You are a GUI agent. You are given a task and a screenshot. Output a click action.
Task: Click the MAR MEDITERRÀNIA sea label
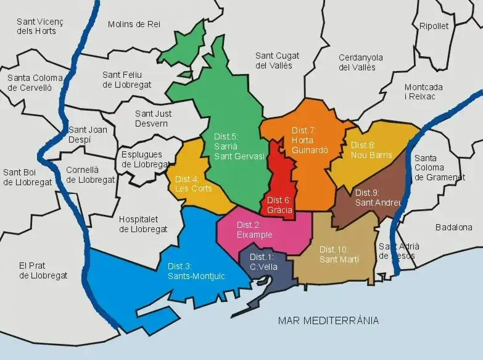(328, 320)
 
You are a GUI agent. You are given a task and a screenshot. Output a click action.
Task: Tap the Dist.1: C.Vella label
(263, 262)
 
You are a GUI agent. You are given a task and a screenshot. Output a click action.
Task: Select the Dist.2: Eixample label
(254, 230)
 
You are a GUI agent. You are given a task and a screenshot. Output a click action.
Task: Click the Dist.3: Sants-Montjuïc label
(196, 271)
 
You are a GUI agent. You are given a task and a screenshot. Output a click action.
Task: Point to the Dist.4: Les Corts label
(193, 183)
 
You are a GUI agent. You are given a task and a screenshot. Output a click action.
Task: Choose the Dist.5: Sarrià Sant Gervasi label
(239, 146)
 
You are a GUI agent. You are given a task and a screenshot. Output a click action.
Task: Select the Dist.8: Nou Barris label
(371, 149)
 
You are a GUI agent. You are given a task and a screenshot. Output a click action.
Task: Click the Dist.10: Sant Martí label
(339, 254)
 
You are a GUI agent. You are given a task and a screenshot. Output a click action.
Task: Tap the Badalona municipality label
(453, 227)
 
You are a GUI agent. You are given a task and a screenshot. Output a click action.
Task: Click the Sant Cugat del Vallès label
(273, 60)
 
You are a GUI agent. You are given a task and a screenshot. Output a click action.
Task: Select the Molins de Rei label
(134, 24)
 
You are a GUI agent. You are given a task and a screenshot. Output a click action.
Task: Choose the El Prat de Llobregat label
(43, 270)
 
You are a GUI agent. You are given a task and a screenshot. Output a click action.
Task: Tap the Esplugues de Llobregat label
(144, 159)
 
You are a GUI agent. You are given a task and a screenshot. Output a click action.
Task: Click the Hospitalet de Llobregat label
(143, 224)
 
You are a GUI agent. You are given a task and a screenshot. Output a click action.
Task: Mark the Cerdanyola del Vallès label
(361, 62)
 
